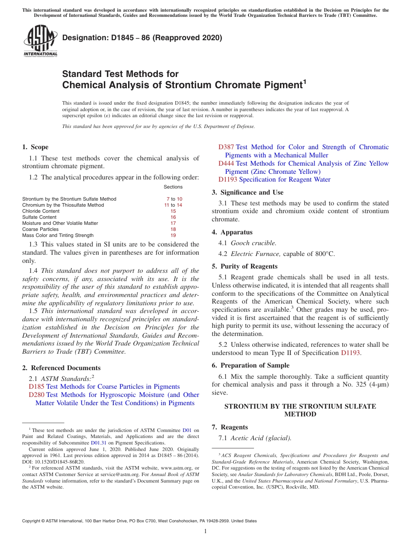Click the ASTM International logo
[x=40, y=41]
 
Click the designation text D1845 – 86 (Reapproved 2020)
[x=142, y=38]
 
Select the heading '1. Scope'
[x=35, y=147]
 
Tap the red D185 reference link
[x=36, y=387]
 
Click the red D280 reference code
[x=36, y=395]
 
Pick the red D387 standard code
[x=226, y=147]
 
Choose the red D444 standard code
[x=226, y=163]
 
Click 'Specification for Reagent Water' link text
[x=284, y=179]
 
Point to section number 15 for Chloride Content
[x=173, y=211]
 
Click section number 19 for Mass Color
[x=173, y=235]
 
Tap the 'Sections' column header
[x=173, y=187]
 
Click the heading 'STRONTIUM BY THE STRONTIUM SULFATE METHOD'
[x=300, y=410]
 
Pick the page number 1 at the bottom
[x=205, y=531]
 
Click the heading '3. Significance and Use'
[x=247, y=192]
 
